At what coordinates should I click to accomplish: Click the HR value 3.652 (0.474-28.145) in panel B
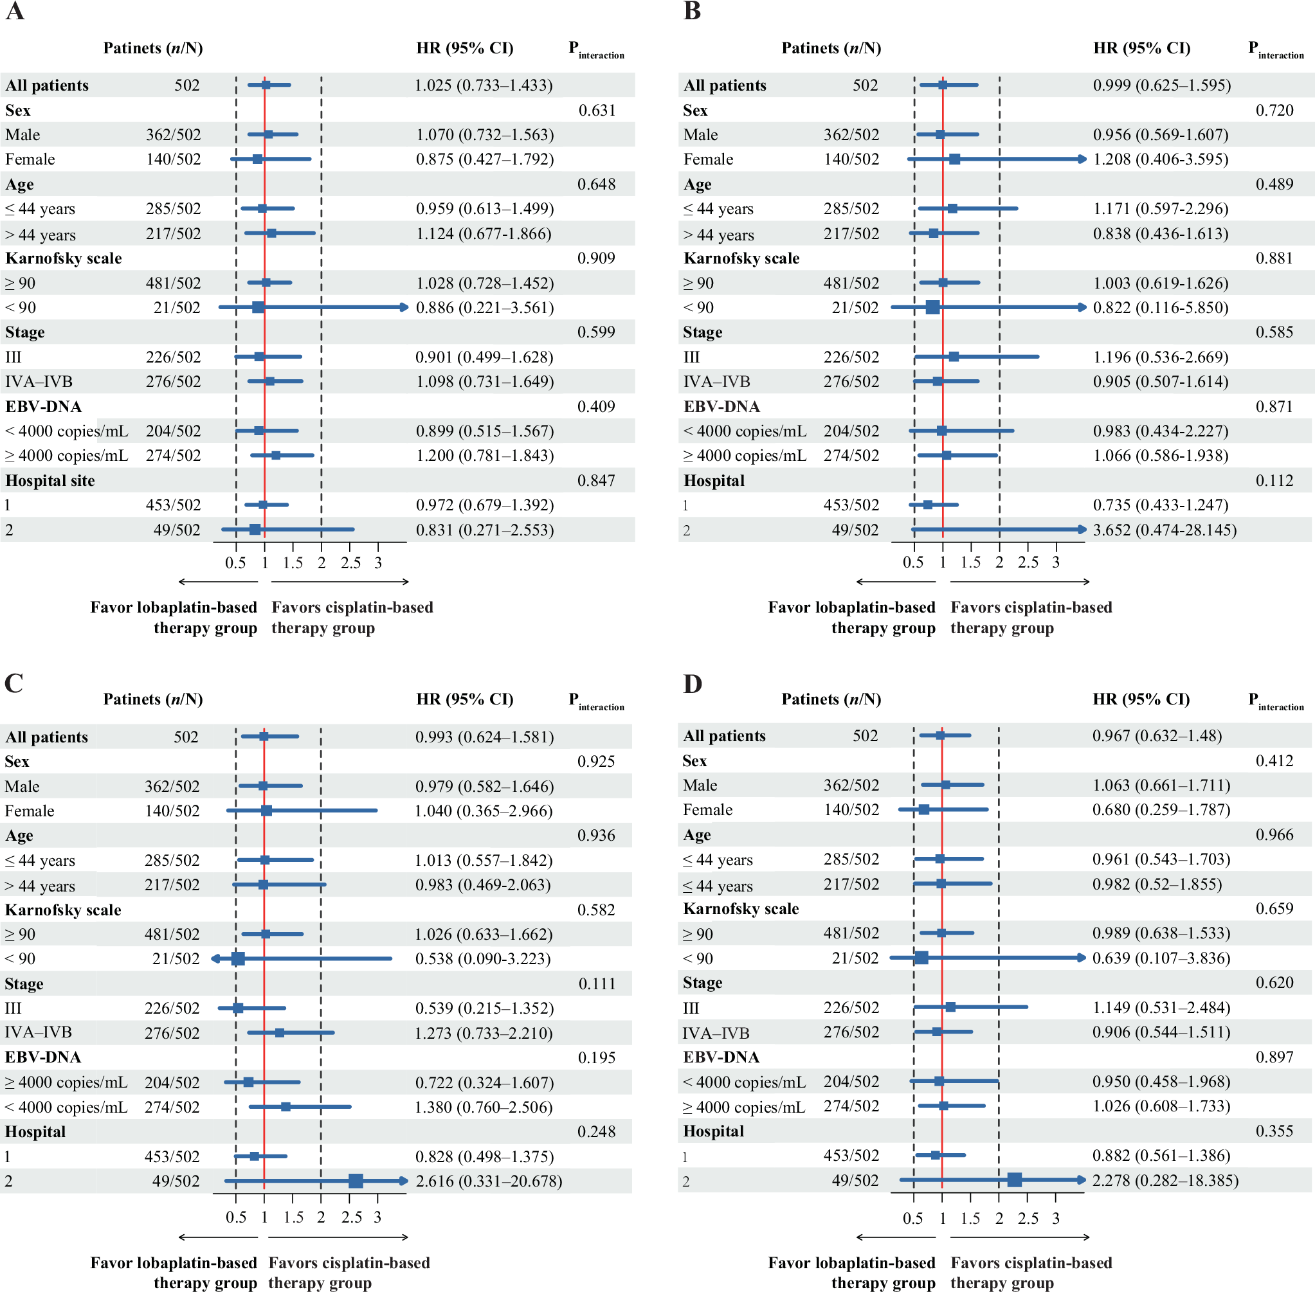pyautogui.click(x=1165, y=530)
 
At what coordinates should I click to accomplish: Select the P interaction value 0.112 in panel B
pyautogui.click(x=1274, y=480)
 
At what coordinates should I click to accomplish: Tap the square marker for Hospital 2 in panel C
pyautogui.click(x=356, y=1181)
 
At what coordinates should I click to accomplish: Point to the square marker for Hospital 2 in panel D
pyautogui.click(x=1014, y=1180)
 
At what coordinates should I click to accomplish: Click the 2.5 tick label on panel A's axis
pyautogui.click(x=350, y=562)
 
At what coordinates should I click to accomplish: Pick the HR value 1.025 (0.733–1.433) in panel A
pyautogui.click(x=484, y=85)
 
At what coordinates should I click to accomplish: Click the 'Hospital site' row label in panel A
pyautogui.click(x=50, y=480)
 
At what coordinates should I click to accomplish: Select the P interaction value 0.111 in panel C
pyautogui.click(x=597, y=984)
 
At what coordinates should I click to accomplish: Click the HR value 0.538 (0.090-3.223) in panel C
pyautogui.click(x=483, y=959)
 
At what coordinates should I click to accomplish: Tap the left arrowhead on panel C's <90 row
pyautogui.click(x=215, y=959)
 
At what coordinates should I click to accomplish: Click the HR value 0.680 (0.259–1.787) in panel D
pyautogui.click(x=1161, y=809)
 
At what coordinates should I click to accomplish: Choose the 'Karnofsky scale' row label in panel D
pyautogui.click(x=741, y=909)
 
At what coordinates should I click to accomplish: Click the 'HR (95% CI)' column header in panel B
pyautogui.click(x=1141, y=48)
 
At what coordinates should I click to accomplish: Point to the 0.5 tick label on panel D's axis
pyautogui.click(x=912, y=1219)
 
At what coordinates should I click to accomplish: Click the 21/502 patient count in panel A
pyautogui.click(x=176, y=307)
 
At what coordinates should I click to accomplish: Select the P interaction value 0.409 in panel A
pyautogui.click(x=596, y=406)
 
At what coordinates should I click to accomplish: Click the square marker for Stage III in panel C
pyautogui.click(x=238, y=1009)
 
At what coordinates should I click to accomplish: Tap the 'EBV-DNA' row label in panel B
pyautogui.click(x=721, y=406)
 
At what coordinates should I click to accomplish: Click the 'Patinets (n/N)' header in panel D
pyautogui.click(x=831, y=699)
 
